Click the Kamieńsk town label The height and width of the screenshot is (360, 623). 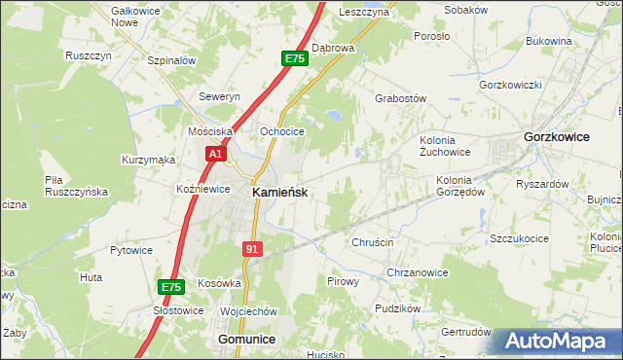280,193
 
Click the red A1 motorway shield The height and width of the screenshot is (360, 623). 216,154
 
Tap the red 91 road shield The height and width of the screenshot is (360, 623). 252,249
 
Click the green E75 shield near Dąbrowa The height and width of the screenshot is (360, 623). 295,59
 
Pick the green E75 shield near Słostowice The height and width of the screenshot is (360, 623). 170,287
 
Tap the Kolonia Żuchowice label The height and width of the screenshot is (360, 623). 445,146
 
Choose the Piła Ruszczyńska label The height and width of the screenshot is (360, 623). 76,186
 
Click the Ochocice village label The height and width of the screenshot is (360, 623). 282,131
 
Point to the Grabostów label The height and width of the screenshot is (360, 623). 401,98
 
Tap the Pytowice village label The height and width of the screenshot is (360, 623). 131,250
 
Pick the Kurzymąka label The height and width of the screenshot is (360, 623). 148,159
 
